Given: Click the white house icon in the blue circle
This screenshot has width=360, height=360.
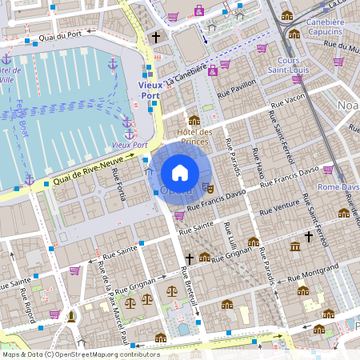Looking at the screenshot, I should pos(180,172).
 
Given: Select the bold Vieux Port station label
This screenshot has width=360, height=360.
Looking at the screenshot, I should pos(150,90).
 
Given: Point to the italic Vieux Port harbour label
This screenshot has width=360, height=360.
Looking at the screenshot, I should pos(130,145).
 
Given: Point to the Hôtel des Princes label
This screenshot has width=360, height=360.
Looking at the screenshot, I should pos(194,137).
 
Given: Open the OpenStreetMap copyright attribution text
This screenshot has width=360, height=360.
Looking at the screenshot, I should pos(80,354).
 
